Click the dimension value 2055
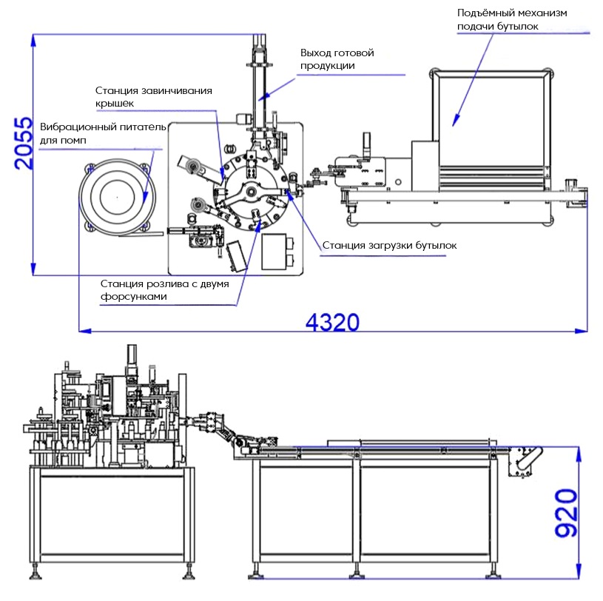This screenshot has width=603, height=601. coord(23,143)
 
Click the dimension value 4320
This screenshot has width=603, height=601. coord(333,323)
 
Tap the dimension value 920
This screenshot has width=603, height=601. coord(566,513)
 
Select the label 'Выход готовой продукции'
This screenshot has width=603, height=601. coord(337,59)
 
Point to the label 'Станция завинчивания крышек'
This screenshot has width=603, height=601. coord(153,96)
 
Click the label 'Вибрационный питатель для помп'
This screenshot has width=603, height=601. coord(103,133)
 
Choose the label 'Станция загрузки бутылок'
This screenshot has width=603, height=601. coord(389,245)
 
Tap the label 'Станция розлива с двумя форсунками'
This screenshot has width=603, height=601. coord(164,289)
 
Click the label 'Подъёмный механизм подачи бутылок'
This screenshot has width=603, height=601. coord(512,19)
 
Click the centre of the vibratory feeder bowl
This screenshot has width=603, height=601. coord(118,197)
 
